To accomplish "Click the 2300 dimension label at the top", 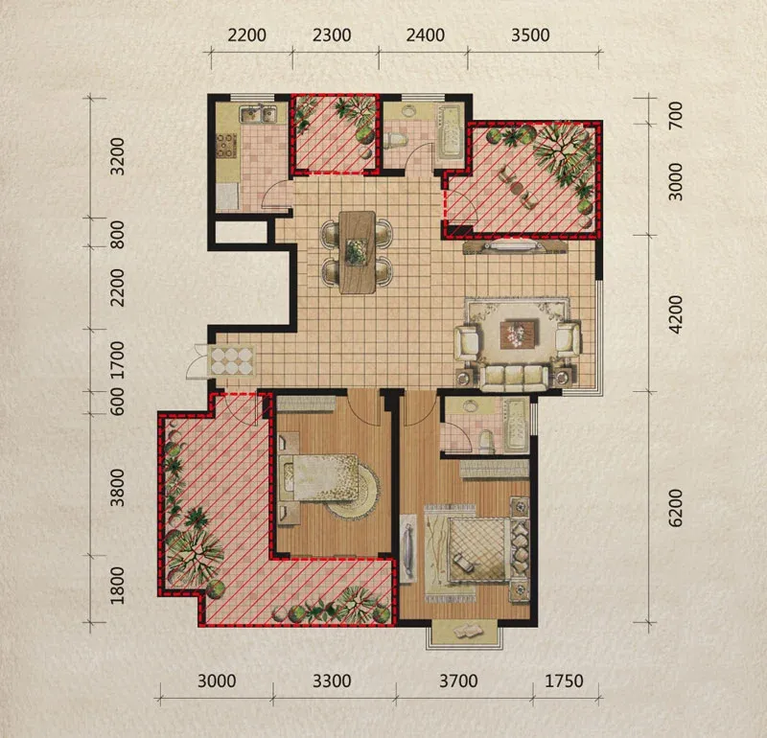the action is click(x=332, y=35).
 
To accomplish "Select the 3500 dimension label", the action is click(x=530, y=35).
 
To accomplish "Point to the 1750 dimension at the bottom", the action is click(x=564, y=680).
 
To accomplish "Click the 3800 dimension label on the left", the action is click(x=117, y=488).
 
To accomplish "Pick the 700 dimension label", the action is click(x=676, y=115).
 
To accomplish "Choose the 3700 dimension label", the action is click(x=458, y=680).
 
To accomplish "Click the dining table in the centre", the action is click(x=358, y=252).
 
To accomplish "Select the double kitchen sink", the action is click(x=258, y=114).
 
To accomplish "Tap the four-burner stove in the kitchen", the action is click(x=226, y=146).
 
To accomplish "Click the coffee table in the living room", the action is click(x=520, y=334).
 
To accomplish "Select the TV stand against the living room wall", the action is click(x=516, y=246).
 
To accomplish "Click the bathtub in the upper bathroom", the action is click(x=450, y=130).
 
